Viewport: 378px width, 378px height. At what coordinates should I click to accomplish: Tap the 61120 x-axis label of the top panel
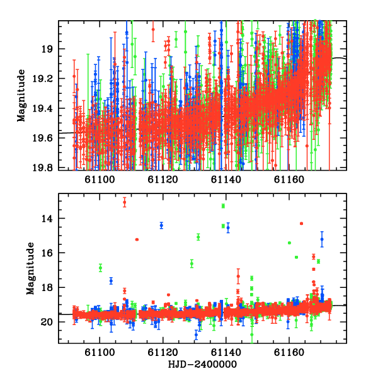(163, 180)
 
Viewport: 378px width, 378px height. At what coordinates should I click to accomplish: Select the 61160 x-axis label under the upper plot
(289, 180)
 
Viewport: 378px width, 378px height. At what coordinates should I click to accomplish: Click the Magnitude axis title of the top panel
(21, 96)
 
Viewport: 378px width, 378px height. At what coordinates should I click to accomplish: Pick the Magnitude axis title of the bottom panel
(30, 268)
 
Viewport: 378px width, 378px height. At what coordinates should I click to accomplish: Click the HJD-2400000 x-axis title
(202, 364)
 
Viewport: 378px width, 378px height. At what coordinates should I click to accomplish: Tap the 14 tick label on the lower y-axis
(47, 219)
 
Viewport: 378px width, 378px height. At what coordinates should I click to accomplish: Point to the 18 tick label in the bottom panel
(47, 287)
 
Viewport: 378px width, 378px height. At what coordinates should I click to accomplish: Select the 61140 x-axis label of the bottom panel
(226, 352)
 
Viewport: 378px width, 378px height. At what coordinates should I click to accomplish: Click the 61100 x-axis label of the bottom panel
(100, 352)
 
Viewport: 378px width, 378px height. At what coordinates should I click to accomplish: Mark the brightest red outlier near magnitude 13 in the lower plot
(124, 202)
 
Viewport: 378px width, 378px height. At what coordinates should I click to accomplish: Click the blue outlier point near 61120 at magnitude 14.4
(161, 226)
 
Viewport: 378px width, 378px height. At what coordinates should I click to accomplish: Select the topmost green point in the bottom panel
(223, 205)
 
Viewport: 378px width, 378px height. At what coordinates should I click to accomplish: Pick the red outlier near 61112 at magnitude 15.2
(137, 239)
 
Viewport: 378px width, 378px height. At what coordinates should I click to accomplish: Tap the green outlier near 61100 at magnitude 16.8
(101, 268)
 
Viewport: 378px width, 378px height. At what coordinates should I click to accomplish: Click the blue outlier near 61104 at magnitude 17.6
(111, 281)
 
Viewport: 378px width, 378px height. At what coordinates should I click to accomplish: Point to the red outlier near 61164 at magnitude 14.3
(301, 224)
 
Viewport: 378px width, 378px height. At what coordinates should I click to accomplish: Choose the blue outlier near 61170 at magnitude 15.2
(322, 239)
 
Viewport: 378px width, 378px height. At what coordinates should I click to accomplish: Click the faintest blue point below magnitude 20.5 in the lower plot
(196, 335)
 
